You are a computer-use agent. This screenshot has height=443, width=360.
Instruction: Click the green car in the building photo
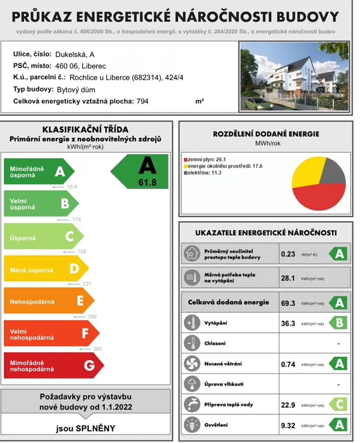tap(257, 104)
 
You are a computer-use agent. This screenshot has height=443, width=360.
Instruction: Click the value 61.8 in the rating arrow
tap(147, 182)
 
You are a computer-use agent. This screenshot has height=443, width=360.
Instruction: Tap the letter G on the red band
tap(89, 365)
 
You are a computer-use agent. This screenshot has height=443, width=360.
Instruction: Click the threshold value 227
tap(87, 284)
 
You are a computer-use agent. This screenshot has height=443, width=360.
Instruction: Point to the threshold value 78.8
tap(72, 187)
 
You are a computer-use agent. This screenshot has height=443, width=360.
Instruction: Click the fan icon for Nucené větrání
tap(191, 364)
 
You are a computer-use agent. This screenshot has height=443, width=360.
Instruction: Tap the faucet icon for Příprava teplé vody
tap(191, 405)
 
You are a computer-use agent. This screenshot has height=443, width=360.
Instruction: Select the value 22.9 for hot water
tap(288, 405)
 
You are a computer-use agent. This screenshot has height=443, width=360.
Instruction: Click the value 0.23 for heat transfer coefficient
tap(288, 254)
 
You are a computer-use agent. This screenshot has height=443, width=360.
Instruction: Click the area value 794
tap(143, 101)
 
